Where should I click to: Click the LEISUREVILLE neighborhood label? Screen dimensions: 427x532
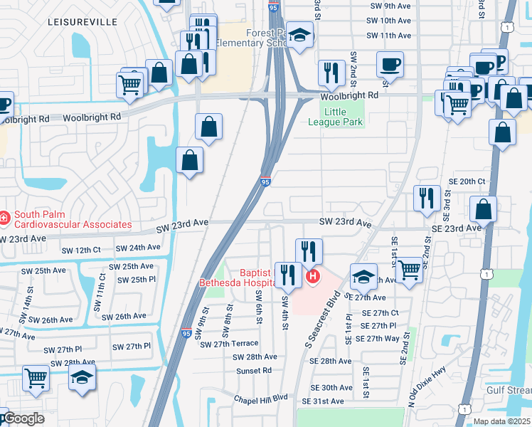pos(82,22)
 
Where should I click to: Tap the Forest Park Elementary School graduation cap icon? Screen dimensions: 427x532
pos(299,36)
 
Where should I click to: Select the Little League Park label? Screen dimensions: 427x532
pos(344,117)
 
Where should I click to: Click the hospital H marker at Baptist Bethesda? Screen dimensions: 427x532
pos(312,275)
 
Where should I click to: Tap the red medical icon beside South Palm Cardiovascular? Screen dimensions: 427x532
pos(4,216)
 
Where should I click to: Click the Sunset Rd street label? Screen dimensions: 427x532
pos(257,371)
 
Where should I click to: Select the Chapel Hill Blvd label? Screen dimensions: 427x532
pos(260,397)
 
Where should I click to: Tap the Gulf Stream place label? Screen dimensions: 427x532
pos(509,391)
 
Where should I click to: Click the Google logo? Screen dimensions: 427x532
pos(23,418)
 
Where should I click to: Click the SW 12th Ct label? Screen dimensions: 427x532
pos(81,251)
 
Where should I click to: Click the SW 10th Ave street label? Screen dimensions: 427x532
pos(390,21)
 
